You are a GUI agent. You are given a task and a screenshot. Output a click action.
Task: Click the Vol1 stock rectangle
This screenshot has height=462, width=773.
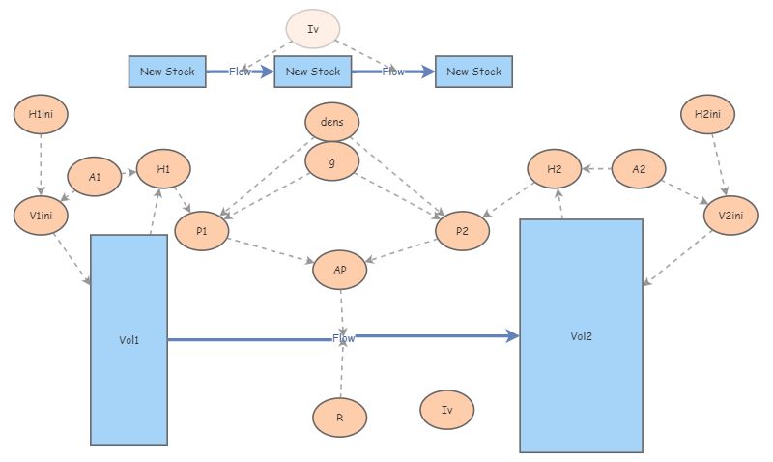(129, 339)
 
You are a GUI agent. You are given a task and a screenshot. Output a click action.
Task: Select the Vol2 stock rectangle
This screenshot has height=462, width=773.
(581, 335)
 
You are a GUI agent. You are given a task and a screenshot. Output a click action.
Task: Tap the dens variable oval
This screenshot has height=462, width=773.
(331, 123)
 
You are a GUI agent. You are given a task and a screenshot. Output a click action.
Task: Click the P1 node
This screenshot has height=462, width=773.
(202, 232)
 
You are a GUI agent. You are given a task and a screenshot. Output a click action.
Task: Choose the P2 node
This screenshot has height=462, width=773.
(462, 232)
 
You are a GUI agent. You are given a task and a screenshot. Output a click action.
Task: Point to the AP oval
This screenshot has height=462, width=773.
(340, 271)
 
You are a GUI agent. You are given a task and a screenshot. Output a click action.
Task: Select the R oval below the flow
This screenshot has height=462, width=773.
(340, 418)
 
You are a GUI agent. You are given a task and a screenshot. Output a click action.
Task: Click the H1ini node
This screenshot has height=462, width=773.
(41, 114)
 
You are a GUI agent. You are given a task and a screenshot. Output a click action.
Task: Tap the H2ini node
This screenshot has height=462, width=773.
(708, 114)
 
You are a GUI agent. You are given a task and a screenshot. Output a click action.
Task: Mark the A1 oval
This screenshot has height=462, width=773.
(95, 177)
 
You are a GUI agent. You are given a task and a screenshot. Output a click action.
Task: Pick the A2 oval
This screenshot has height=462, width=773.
(639, 169)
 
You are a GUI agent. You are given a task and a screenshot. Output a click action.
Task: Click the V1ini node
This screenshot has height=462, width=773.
(41, 215)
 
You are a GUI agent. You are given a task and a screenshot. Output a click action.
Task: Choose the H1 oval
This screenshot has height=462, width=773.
(163, 170)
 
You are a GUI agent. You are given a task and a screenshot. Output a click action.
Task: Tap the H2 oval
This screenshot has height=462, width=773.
(555, 170)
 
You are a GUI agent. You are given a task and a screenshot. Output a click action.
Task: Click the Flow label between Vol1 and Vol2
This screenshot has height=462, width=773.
(343, 338)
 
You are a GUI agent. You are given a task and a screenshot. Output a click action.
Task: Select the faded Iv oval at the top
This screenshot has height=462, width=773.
(312, 29)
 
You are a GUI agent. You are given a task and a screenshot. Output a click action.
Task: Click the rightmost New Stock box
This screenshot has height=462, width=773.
(474, 72)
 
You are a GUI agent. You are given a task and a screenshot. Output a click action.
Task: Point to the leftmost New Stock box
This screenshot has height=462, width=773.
(167, 72)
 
